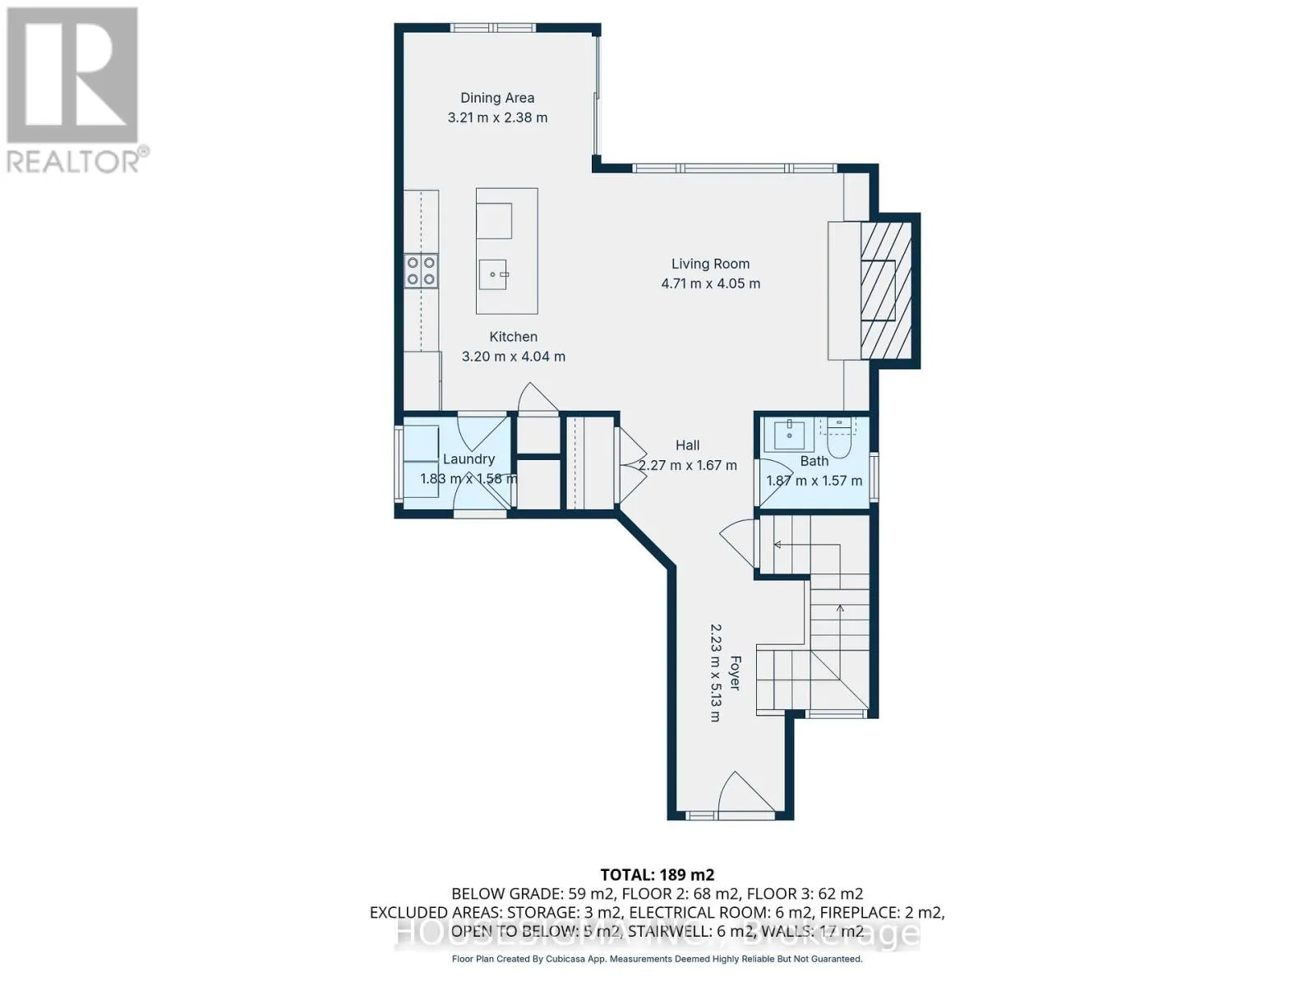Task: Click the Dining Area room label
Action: click(497, 98)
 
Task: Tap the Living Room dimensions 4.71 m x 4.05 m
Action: click(711, 283)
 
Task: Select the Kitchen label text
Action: click(514, 337)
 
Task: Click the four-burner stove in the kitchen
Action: click(421, 271)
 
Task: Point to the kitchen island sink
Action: click(494, 274)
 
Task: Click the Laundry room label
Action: click(468, 459)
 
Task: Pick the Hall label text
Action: click(688, 445)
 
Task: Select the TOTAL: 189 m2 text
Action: click(657, 874)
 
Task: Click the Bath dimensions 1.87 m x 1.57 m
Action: click(814, 481)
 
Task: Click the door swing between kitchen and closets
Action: click(538, 399)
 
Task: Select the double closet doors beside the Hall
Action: click(631, 467)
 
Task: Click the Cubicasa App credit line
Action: click(657, 959)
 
